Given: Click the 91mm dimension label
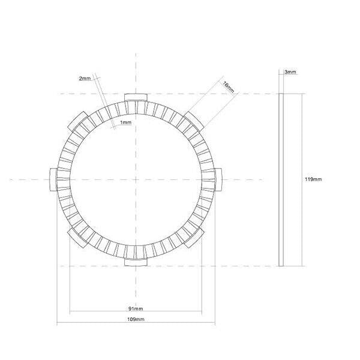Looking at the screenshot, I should (x=136, y=308).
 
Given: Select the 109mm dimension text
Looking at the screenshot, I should (x=136, y=320).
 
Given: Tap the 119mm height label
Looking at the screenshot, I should (x=313, y=179).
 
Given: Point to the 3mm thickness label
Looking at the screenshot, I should (x=290, y=72).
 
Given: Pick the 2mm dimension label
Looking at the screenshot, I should (x=85, y=79).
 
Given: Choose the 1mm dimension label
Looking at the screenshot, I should (x=125, y=122).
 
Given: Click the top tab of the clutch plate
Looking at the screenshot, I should (x=136, y=98).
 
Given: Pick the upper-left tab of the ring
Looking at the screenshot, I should (x=79, y=120).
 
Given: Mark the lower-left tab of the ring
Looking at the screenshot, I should (x=79, y=236).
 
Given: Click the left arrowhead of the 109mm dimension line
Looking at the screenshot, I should (x=58, y=325).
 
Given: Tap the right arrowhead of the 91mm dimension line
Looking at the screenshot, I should (x=201, y=312).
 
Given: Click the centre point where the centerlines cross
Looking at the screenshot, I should (x=136, y=178).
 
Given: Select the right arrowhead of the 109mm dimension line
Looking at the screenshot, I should (x=214, y=325).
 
